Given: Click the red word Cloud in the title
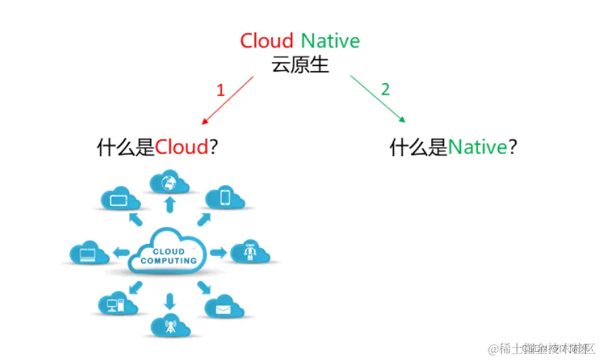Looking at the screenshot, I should (x=267, y=41).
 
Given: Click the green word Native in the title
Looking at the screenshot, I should (x=330, y=41).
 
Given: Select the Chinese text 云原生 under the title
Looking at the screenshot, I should (x=300, y=65).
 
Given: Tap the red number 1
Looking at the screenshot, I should (x=220, y=90).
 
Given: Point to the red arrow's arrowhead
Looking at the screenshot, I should (x=204, y=123).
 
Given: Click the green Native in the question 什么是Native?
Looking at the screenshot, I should (x=477, y=147).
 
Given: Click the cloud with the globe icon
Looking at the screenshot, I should (x=168, y=182).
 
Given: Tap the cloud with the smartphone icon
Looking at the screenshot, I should (x=225, y=197).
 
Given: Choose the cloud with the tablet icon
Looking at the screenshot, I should (x=119, y=199).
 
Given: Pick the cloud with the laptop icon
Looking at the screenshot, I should (x=89, y=253).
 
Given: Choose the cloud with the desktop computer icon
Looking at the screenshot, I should (x=113, y=305).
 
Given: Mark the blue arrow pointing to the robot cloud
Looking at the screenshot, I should (x=218, y=253).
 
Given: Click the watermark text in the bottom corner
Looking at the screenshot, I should (x=543, y=349).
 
